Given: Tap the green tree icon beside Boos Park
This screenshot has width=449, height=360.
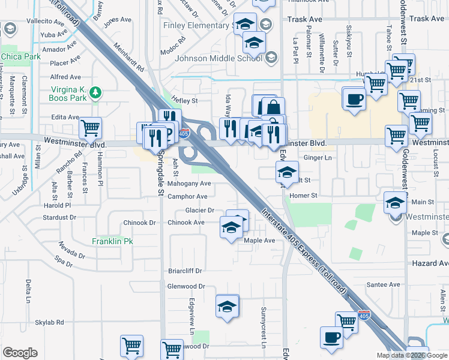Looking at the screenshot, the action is (x=95, y=92).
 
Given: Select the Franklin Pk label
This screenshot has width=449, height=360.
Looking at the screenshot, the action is (x=112, y=241).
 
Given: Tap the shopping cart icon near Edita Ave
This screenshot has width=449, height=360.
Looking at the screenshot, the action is (x=90, y=127).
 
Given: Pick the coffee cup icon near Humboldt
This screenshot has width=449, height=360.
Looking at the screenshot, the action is (x=354, y=98).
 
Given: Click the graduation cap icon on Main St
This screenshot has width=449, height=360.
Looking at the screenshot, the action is (x=394, y=203).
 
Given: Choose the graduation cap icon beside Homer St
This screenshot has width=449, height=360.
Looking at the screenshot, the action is (x=287, y=173).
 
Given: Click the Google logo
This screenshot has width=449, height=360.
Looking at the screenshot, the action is (x=20, y=353).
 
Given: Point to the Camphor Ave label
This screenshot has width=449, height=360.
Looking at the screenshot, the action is (x=188, y=197).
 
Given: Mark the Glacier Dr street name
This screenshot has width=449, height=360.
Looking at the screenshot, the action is (x=200, y=211).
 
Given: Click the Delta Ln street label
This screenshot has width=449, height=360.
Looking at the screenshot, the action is (x=28, y=290).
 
